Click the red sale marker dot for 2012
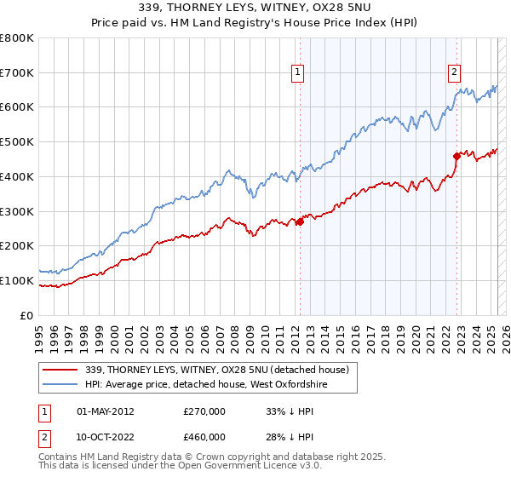pos(300,222)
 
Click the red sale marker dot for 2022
pos(456,156)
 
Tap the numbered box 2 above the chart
pos(455,73)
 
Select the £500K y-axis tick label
pos(17,142)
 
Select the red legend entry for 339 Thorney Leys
pos(217,370)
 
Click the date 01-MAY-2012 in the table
pos(106,411)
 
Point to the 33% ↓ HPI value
pos(290,411)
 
